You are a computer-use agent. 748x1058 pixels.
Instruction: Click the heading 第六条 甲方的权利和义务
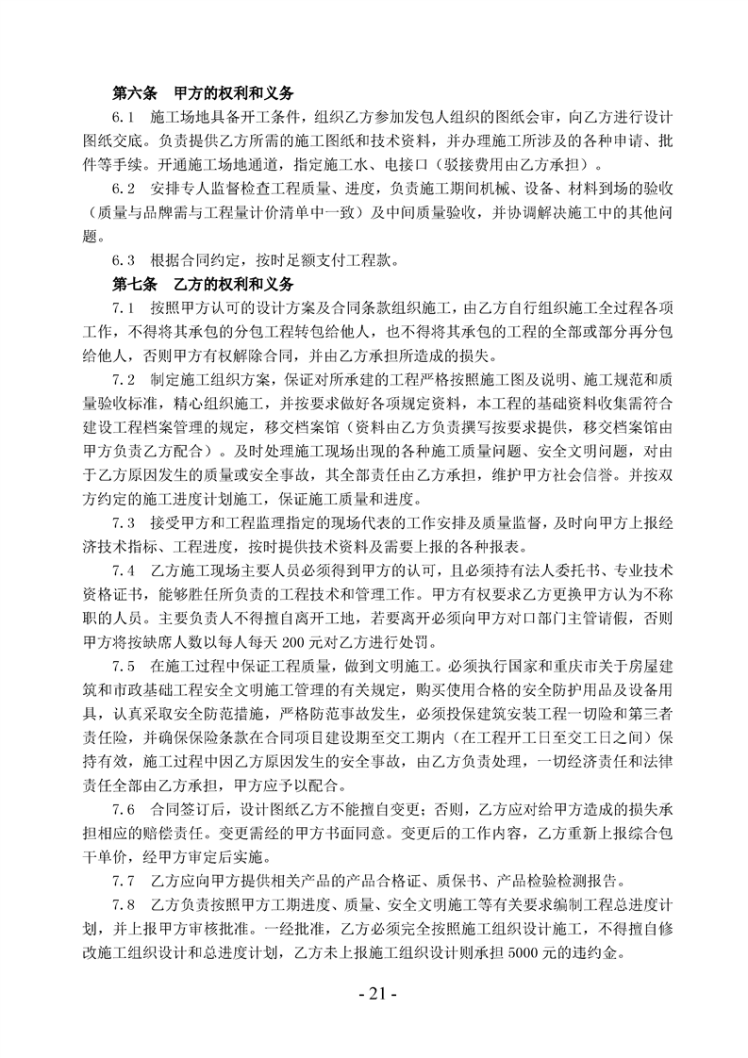tap(203, 94)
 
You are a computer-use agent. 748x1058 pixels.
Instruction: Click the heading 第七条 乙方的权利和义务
tap(203, 282)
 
